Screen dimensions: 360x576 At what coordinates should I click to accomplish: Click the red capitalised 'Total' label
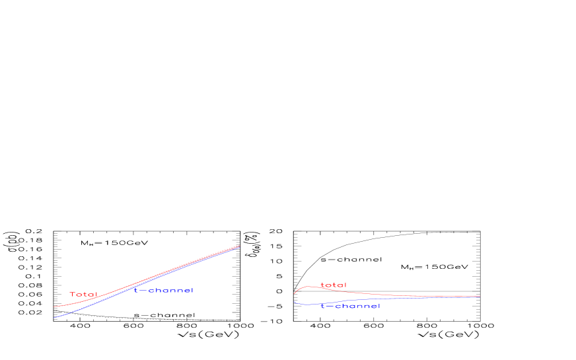click(83, 295)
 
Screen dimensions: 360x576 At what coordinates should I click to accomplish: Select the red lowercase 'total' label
click(333, 285)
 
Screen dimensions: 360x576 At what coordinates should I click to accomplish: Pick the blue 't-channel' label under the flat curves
click(350, 306)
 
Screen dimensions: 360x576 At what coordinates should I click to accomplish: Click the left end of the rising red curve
click(54, 306)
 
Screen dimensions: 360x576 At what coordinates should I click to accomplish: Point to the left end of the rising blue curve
click(54, 318)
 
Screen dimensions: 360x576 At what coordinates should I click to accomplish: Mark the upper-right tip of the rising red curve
click(238, 246)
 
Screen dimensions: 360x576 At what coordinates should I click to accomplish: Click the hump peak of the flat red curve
click(308, 287)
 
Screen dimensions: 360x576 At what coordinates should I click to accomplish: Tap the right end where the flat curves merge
click(480, 297)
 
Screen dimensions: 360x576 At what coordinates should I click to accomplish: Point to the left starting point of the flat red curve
click(295, 294)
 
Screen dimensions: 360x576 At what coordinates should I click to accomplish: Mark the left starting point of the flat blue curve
click(295, 301)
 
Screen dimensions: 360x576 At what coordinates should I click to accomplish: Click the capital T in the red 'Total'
click(73, 295)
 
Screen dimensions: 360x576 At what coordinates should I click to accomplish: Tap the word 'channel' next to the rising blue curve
click(170, 291)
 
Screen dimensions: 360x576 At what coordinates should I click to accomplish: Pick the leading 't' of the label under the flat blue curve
click(322, 306)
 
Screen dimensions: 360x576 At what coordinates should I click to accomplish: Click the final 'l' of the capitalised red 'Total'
click(96, 295)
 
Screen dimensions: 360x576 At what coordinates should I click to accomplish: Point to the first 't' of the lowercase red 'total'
click(322, 285)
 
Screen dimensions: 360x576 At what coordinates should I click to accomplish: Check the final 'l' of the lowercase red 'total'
click(345, 285)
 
